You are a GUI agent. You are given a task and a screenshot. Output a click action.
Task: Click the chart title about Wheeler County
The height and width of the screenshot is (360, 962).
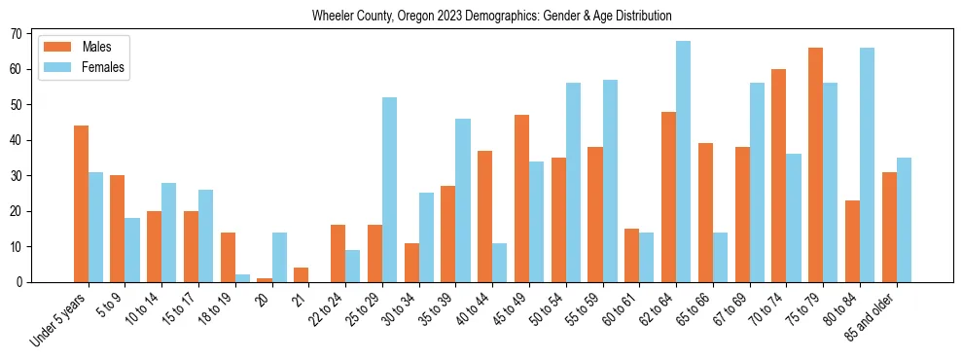point(491,17)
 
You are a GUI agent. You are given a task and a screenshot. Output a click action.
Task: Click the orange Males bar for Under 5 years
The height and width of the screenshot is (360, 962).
point(81,204)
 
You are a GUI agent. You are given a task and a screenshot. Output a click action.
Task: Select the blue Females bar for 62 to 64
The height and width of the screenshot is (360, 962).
point(684,162)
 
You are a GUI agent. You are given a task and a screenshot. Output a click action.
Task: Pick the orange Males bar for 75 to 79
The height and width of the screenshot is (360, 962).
point(816,165)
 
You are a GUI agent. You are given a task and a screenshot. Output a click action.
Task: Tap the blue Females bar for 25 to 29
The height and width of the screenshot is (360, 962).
point(389,190)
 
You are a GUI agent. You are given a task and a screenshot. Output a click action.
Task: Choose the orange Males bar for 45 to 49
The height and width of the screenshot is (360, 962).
point(521,198)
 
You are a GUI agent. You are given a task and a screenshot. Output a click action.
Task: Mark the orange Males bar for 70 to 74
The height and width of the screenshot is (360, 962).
point(779,176)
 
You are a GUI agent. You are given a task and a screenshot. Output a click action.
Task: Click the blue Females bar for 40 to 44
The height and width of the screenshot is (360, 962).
point(500,263)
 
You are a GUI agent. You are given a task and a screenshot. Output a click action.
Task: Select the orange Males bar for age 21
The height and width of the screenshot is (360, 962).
point(302,275)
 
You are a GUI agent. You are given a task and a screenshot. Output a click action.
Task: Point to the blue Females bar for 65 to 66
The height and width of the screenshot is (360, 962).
point(721,258)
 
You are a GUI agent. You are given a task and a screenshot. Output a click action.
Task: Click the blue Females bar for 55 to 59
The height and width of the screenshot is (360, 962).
point(610,181)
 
